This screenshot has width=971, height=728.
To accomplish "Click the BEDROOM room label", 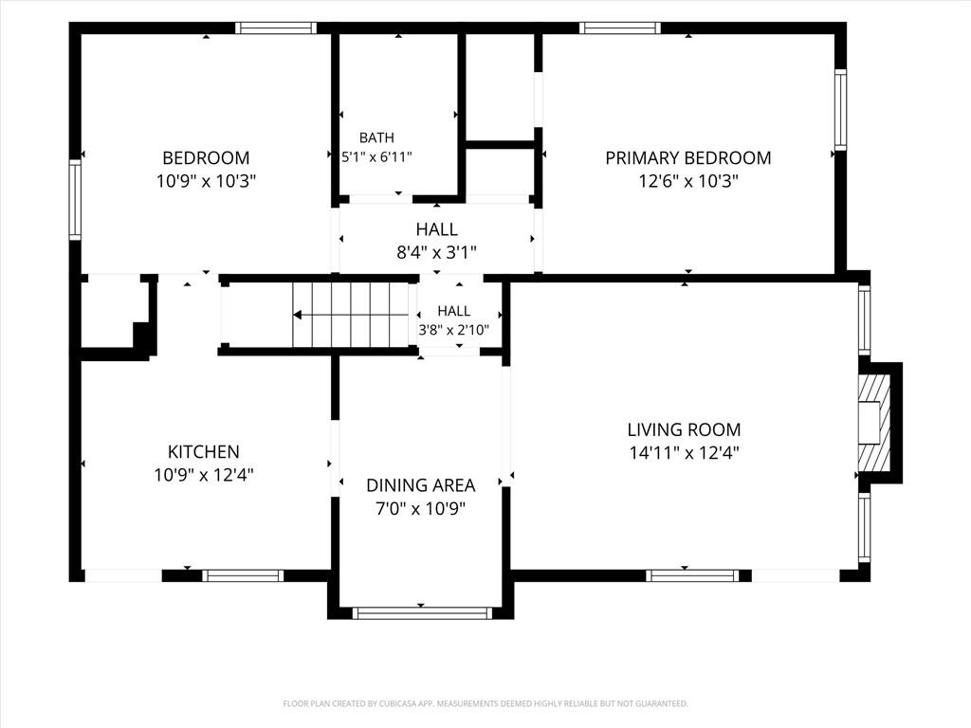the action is (206, 158).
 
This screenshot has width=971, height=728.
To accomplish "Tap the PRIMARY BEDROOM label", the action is (688, 158).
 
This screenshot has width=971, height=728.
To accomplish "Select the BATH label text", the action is (376, 137).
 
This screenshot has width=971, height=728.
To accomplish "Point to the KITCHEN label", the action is (204, 451).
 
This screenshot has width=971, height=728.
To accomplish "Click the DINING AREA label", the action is (420, 484).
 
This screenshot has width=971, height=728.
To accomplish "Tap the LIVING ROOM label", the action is (684, 429).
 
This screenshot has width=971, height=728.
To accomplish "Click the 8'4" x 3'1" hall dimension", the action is (436, 252).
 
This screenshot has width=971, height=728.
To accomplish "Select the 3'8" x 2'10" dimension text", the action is (454, 330).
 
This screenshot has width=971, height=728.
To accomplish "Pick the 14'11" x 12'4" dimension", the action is (684, 452).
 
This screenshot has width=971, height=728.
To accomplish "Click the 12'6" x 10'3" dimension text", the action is (688, 181).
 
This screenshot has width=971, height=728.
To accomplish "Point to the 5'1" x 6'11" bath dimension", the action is (376, 156).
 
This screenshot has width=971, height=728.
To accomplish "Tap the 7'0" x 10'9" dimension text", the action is (420, 508).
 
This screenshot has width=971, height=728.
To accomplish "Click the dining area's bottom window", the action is (422, 613).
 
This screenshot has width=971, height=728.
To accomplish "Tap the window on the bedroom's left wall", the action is (75, 199).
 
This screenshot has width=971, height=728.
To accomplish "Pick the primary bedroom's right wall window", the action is (840, 110).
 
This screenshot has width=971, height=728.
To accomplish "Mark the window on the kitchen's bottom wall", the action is (243, 575).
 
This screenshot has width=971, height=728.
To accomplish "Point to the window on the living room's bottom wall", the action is (692, 575).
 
